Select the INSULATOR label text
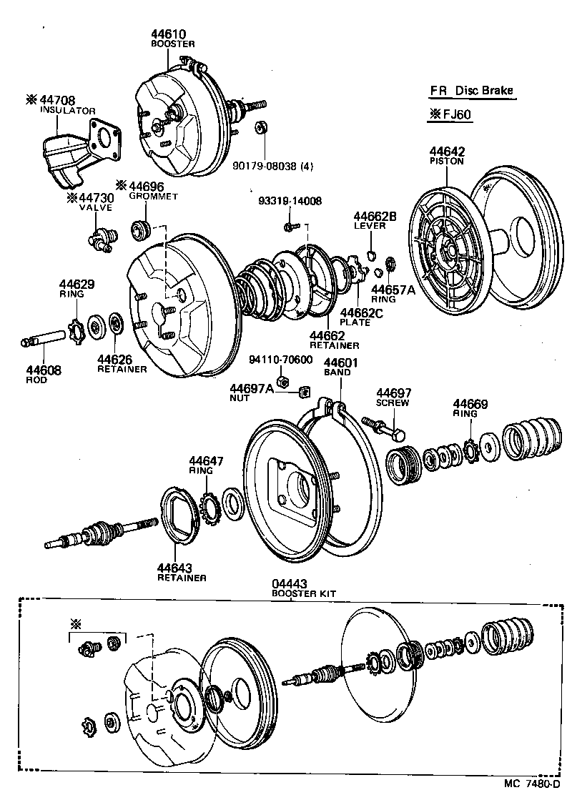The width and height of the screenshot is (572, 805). [67, 111]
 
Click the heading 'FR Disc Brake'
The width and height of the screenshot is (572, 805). [471, 91]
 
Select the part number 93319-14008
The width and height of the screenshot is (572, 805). [290, 202]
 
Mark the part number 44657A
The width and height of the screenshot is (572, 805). [393, 289]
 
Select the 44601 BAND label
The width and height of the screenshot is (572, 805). [337, 367]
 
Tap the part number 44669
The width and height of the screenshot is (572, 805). [470, 404]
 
